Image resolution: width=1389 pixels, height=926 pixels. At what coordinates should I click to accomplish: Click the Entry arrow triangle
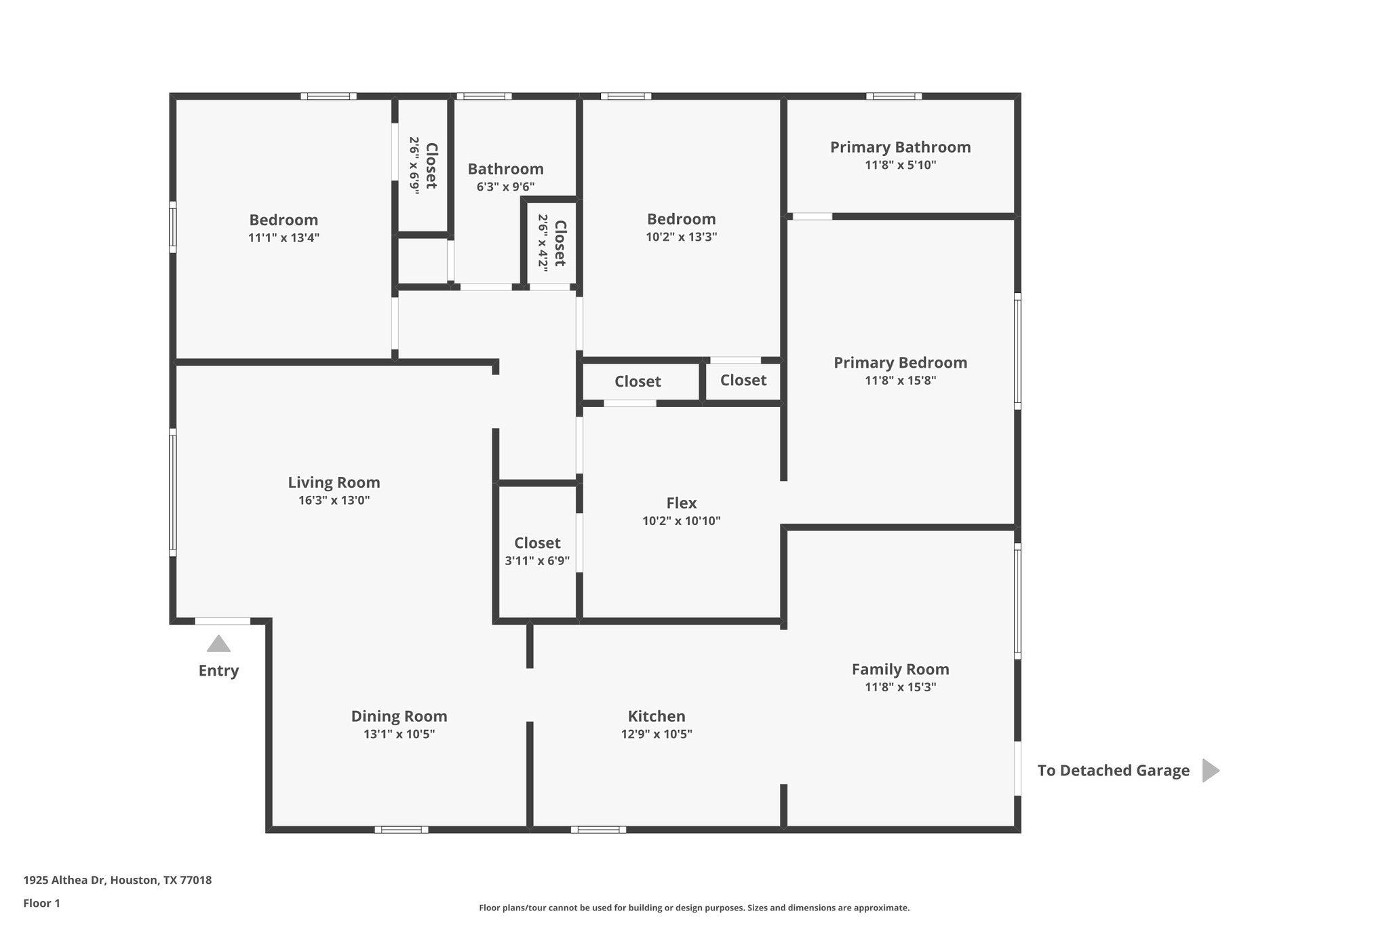[218, 644]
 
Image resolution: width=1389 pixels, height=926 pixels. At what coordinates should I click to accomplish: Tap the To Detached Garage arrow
[1210, 771]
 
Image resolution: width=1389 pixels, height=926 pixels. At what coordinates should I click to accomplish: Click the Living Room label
[334, 482]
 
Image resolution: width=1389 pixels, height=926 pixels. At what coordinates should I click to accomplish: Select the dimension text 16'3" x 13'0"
[334, 501]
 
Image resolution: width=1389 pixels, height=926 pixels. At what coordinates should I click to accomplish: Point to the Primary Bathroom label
[900, 147]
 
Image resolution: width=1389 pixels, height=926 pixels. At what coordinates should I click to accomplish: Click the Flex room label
[681, 503]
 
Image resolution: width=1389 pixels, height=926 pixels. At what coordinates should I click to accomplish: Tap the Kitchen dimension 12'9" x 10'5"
[656, 734]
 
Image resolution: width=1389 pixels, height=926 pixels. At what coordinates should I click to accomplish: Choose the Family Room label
[900, 669]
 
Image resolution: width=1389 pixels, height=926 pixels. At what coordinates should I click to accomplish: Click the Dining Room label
[399, 716]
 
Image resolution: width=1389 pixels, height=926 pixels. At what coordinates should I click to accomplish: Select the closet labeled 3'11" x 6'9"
[537, 551]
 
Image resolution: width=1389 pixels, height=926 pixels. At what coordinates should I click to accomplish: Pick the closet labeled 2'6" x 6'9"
[423, 166]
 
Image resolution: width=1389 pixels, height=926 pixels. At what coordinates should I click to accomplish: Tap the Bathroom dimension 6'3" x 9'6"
[505, 187]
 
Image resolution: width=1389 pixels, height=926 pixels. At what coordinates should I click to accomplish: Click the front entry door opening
[222, 621]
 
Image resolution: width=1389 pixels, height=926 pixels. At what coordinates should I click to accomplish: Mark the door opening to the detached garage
[1017, 768]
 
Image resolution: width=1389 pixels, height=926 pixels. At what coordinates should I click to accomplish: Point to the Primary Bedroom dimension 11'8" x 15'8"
[900, 381]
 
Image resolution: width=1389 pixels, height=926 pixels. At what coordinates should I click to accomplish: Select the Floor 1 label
[41, 903]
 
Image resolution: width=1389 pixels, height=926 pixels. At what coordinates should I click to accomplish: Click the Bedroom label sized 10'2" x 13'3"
[681, 219]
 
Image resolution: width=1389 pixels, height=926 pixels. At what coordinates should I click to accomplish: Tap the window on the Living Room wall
[173, 493]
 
